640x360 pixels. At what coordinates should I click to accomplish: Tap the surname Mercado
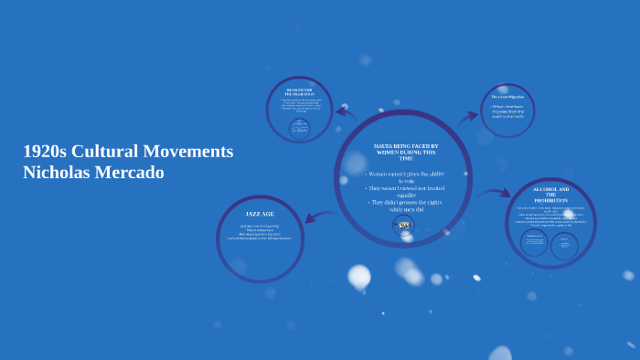[133, 172]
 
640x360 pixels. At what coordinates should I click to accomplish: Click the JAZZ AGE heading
[260, 214]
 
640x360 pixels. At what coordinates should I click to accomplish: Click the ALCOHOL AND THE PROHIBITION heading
[550, 195]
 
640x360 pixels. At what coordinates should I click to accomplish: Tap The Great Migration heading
[507, 97]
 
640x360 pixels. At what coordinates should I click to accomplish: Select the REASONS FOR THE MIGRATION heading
[299, 91]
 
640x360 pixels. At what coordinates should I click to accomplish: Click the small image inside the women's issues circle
[403, 225]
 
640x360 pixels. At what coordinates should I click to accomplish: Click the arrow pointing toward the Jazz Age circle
[318, 217]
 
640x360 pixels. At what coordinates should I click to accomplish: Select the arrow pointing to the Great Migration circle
[468, 116]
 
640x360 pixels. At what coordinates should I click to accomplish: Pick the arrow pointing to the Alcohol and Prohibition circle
[494, 193]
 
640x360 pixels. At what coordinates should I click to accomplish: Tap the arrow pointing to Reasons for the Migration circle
[345, 113]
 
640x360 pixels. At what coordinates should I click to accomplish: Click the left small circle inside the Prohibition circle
[535, 242]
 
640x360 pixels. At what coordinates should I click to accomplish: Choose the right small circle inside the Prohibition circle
[564, 245]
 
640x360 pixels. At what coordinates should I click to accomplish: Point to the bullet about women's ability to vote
[405, 177]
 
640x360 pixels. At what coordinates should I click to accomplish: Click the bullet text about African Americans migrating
[507, 111]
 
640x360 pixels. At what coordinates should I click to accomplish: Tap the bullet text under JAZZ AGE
[260, 232]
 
